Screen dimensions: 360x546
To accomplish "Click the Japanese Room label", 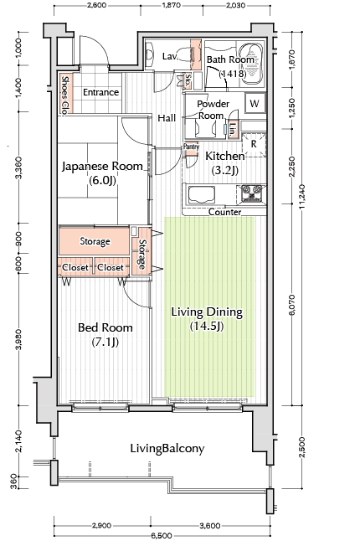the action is [102, 167].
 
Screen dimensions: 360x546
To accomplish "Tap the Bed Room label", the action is [105, 327].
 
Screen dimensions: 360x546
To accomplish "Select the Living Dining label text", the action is [207, 312].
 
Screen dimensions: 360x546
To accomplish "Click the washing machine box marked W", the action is [255, 103].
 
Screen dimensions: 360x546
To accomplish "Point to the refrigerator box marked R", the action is [254, 143].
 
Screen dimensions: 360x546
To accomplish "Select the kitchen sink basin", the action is [201, 194].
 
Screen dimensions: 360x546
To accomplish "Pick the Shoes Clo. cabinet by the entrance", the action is [64, 93].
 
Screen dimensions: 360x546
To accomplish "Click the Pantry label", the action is [191, 147].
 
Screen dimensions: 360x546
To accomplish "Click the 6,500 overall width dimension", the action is [162, 535].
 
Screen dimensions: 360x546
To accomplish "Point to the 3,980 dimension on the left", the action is [18, 339].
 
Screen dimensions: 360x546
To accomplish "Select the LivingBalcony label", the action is [167, 449].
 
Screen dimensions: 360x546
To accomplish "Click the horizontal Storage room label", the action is [95, 241].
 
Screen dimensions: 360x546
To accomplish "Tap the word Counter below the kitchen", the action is [224, 212].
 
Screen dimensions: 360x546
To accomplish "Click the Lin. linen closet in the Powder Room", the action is [232, 129].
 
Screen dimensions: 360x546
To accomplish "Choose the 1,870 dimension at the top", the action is [171, 6].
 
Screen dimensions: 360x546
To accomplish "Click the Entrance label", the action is [101, 92].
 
